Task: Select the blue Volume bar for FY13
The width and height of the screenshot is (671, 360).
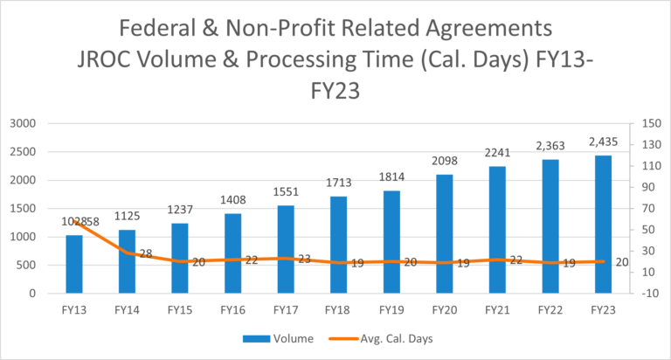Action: click(x=74, y=264)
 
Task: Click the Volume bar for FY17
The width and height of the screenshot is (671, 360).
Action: click(x=286, y=249)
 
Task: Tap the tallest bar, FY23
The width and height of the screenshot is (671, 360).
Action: click(x=604, y=225)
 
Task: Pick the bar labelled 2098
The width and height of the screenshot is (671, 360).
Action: click(x=445, y=233)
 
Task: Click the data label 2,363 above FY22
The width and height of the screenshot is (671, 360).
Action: click(x=550, y=146)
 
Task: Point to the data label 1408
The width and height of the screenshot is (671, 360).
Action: click(x=232, y=200)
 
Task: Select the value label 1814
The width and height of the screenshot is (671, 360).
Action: click(x=391, y=177)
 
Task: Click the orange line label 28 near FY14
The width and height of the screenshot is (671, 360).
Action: click(x=146, y=254)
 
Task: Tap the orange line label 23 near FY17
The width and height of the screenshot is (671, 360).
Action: click(x=304, y=259)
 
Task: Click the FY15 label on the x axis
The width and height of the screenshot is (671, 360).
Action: click(x=180, y=310)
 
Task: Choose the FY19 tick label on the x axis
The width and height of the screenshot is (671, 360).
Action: click(x=391, y=310)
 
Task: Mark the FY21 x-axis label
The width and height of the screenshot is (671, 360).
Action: click(x=497, y=310)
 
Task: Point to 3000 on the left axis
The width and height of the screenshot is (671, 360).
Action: click(x=23, y=124)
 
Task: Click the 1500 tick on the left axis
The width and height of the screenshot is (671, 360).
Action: click(x=23, y=209)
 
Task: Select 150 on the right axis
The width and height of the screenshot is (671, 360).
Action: click(x=651, y=124)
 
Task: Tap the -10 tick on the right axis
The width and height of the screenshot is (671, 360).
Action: click(x=650, y=294)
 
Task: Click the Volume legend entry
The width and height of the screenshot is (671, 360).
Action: click(x=278, y=339)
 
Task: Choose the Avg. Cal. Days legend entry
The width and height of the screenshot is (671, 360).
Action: click(x=381, y=339)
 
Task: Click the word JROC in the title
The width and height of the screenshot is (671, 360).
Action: click(x=105, y=59)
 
